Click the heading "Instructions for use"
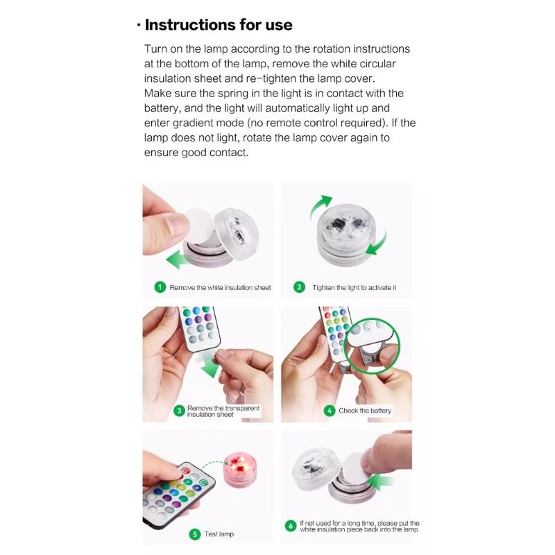(218, 25)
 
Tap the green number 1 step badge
(160, 287)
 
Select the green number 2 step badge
(300, 287)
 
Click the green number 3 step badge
(178, 411)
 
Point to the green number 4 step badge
(330, 411)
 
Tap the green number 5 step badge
(195, 534)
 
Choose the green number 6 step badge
(291, 527)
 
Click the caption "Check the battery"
(365, 411)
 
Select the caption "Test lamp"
(219, 534)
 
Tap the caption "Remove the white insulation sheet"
(220, 287)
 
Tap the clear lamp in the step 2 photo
(343, 236)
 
